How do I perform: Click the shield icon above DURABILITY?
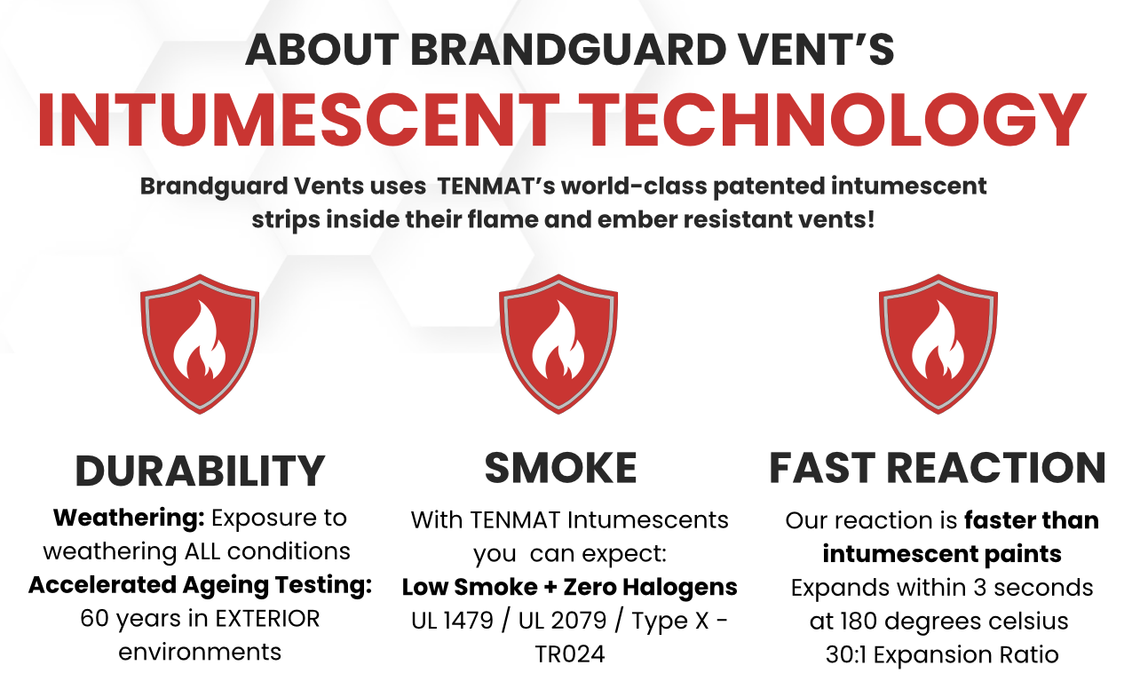tap(200, 344)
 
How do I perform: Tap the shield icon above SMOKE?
tap(558, 344)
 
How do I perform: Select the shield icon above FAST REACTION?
tap(938, 344)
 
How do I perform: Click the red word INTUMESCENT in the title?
tap(298, 120)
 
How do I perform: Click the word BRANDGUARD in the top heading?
tap(568, 50)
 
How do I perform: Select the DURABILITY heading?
tap(200, 471)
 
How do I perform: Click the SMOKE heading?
tap(560, 468)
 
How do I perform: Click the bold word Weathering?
tap(129, 518)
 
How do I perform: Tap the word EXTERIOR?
tap(267, 619)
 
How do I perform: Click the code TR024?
tap(570, 654)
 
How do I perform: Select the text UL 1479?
tap(453, 621)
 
